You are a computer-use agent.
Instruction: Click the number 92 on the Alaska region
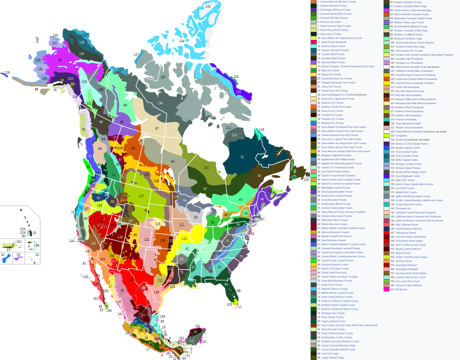[60, 60]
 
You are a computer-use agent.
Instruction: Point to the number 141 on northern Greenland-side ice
[208, 6]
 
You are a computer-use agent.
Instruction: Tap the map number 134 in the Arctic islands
[181, 41]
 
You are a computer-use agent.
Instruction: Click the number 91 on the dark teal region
[243, 157]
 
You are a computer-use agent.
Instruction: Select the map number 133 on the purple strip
[238, 92]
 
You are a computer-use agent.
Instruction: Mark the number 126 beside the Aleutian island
[7, 72]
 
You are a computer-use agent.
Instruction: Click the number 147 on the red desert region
[131, 281]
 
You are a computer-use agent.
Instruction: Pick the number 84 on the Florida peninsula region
[226, 284]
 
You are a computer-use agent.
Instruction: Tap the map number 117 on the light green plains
[142, 196]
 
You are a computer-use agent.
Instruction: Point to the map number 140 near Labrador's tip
[262, 129]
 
